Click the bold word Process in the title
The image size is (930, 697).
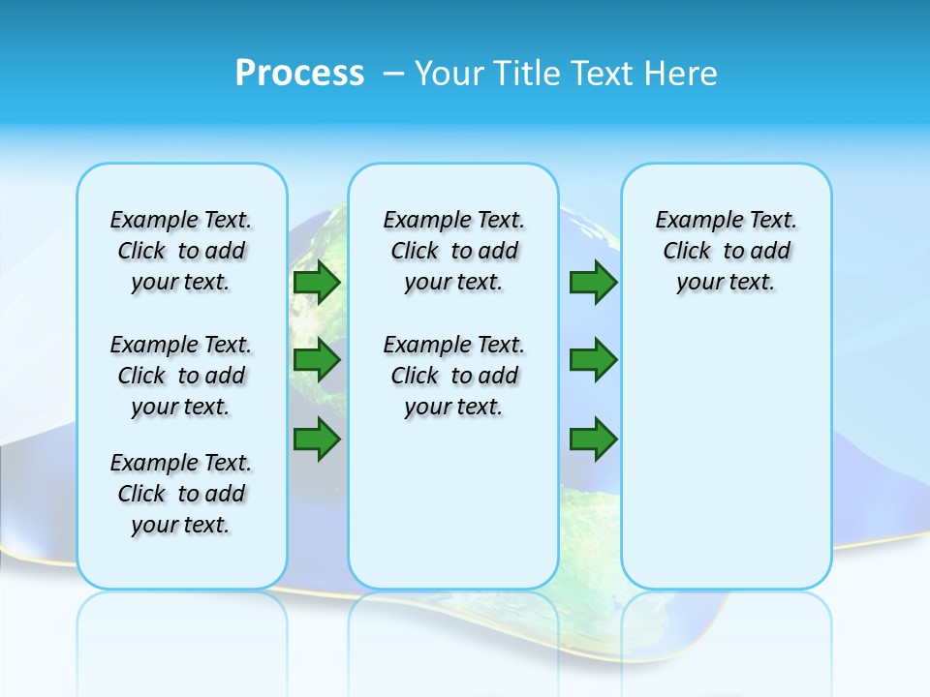point(299,74)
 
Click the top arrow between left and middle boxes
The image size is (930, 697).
point(317,282)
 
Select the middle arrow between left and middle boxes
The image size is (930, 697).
point(317,360)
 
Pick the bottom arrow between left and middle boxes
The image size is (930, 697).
point(317,439)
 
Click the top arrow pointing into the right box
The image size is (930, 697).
point(593,282)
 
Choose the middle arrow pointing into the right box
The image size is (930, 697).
point(593,360)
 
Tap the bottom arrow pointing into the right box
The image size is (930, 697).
point(593,439)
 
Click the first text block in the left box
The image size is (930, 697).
point(181,251)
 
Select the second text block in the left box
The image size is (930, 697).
point(181,376)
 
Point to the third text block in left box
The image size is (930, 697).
point(181,494)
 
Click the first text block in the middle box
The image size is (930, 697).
point(453,251)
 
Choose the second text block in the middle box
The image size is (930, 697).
point(453,376)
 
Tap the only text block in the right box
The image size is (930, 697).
point(726,251)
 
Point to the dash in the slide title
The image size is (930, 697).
point(394,74)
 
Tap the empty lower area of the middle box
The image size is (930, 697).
point(453,503)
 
